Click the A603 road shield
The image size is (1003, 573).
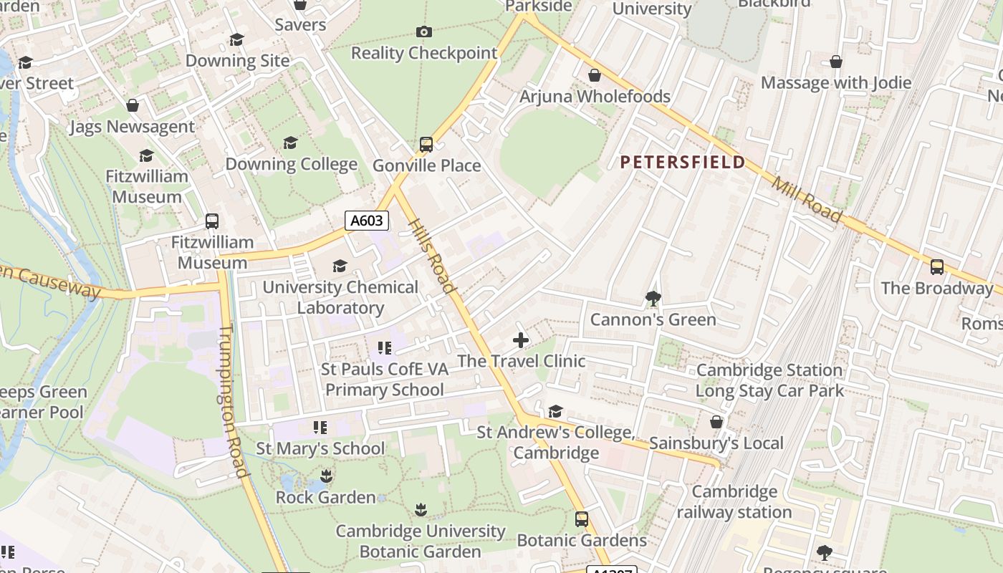(367, 221)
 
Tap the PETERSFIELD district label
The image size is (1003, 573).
(683, 163)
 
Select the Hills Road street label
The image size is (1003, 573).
(432, 256)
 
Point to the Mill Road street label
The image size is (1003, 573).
(806, 198)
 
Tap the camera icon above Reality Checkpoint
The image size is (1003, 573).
(424, 32)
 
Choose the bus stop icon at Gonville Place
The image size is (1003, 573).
(426, 145)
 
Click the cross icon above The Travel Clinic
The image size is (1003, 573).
(521, 340)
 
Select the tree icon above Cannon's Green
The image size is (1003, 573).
(653, 299)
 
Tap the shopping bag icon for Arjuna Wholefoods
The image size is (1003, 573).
(595, 75)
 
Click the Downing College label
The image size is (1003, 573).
(291, 164)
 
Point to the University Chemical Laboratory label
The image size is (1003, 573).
(340, 297)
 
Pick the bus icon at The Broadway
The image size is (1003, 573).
(936, 267)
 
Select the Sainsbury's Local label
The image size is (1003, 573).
(716, 443)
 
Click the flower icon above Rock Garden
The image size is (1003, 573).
(326, 476)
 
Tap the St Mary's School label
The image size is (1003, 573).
(320, 448)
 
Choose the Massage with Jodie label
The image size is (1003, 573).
(835, 82)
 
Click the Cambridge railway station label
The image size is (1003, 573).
(734, 502)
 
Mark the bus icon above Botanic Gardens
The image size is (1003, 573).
(582, 519)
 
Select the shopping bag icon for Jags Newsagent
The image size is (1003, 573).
(133, 106)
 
